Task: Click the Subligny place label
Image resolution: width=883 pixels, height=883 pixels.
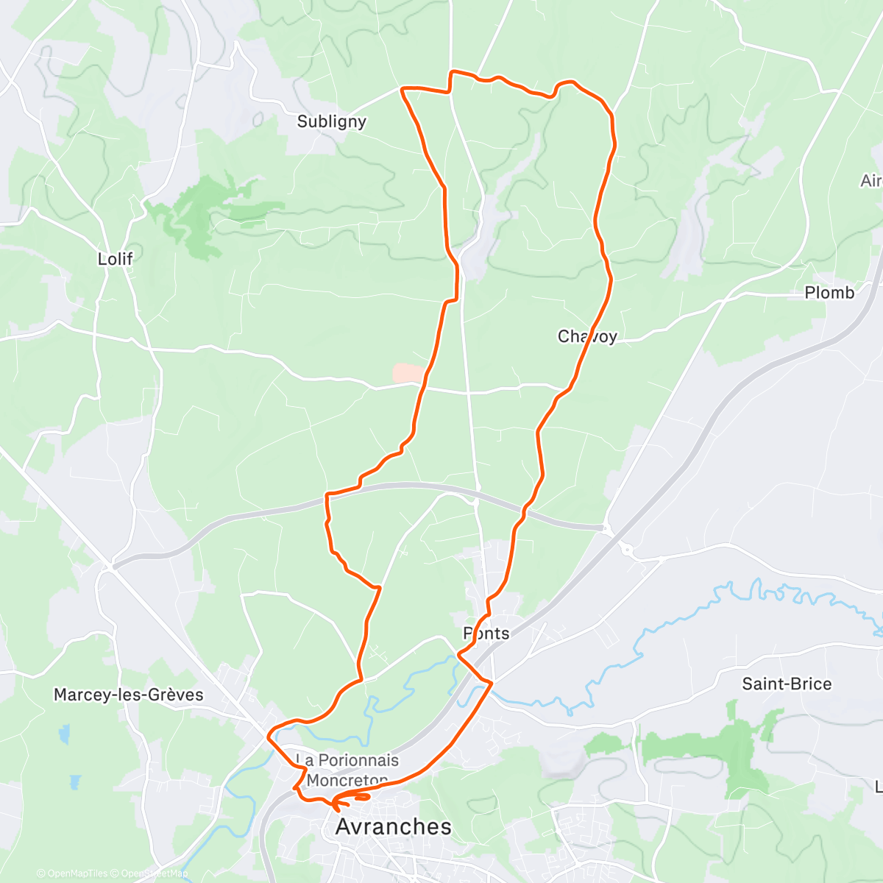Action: coord(331,121)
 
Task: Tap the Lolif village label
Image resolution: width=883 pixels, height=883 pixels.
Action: coord(116,259)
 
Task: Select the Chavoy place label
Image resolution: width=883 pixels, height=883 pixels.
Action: coord(587,336)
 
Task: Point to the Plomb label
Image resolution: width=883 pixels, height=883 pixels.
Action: coord(829,293)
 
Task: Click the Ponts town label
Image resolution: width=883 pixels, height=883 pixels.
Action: coord(486,634)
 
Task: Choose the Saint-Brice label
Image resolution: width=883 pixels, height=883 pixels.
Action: coord(787,684)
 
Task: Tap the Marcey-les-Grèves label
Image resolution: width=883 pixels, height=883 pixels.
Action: coord(129,695)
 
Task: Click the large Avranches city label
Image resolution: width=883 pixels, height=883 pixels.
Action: coord(394,826)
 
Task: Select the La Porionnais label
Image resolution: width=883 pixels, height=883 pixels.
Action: coord(347,760)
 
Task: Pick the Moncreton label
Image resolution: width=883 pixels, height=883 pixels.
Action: coord(347,780)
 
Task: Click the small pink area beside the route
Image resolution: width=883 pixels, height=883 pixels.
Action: coord(408,373)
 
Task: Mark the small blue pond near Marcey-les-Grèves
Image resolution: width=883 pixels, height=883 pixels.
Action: coord(65,734)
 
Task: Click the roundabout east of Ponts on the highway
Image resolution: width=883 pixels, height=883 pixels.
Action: coord(627,548)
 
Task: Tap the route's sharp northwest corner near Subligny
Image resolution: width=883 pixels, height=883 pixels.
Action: coord(403,89)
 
